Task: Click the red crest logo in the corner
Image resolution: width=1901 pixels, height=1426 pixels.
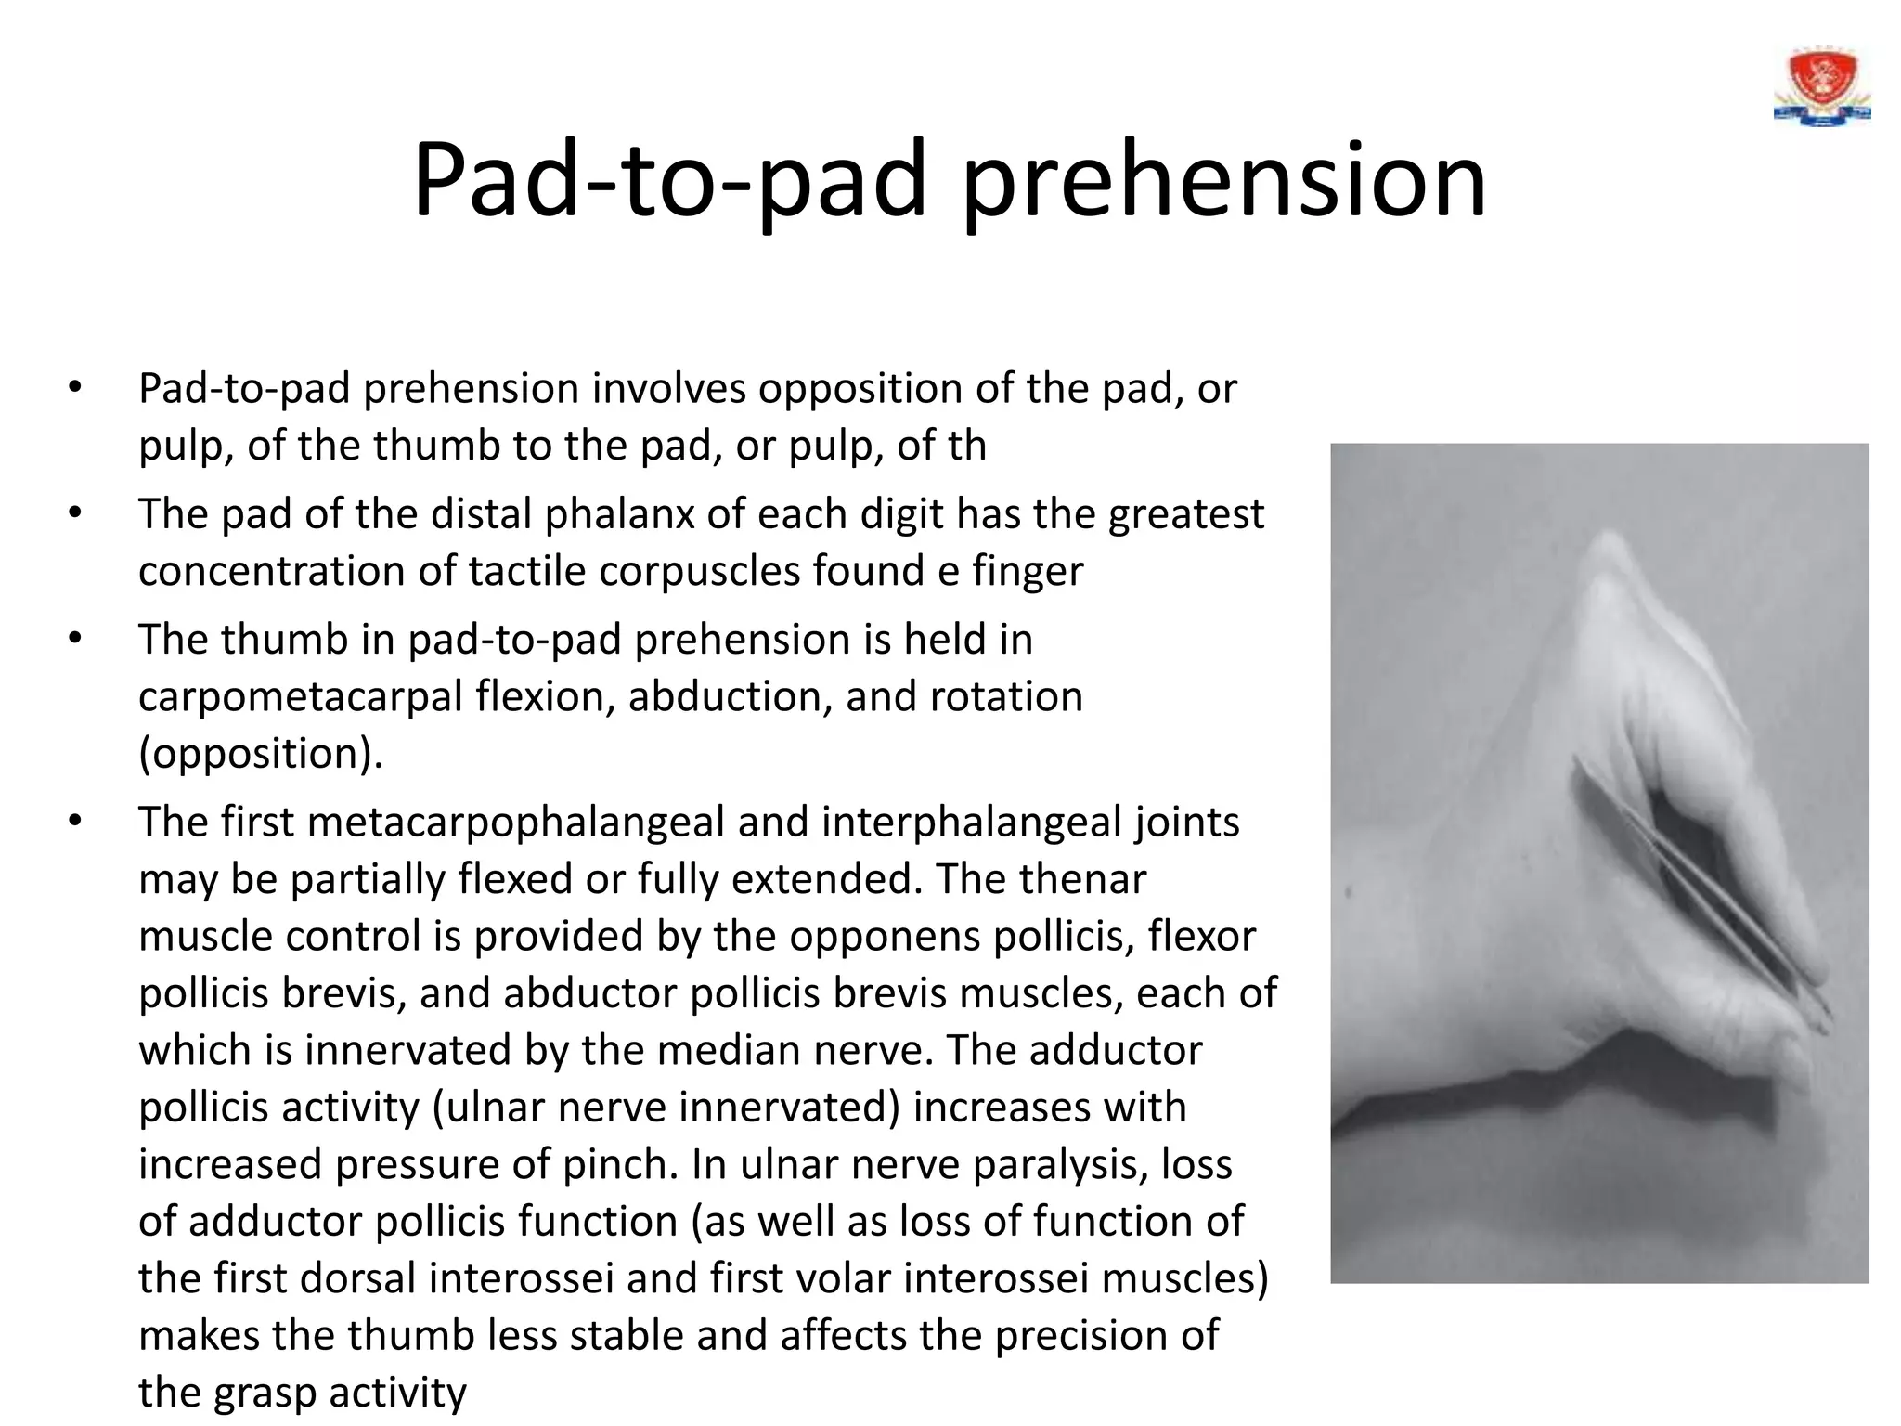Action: (x=1821, y=89)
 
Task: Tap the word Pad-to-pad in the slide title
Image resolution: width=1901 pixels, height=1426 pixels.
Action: (x=668, y=180)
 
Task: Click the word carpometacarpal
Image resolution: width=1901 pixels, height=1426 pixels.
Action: (x=300, y=696)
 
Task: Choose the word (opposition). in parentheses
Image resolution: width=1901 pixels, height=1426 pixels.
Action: (x=260, y=753)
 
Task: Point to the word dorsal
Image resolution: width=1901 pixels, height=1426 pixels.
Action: (x=347, y=1278)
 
